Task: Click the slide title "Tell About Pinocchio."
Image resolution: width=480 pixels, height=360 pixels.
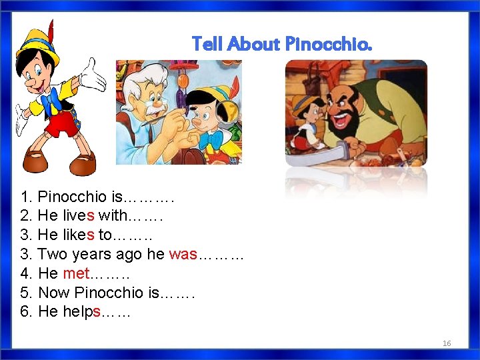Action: (282, 45)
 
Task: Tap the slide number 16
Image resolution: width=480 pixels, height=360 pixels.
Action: (447, 343)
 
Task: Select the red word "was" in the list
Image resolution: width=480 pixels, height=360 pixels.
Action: (183, 254)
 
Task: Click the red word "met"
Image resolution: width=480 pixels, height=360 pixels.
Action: (75, 273)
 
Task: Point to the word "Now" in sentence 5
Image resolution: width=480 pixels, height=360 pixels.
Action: (54, 293)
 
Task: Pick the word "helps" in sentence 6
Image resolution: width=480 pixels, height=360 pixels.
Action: (80, 311)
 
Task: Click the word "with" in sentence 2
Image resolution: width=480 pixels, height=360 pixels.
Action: (114, 216)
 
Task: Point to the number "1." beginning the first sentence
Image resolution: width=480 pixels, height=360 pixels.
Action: (27, 197)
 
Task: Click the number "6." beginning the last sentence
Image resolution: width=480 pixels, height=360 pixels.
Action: (27, 311)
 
